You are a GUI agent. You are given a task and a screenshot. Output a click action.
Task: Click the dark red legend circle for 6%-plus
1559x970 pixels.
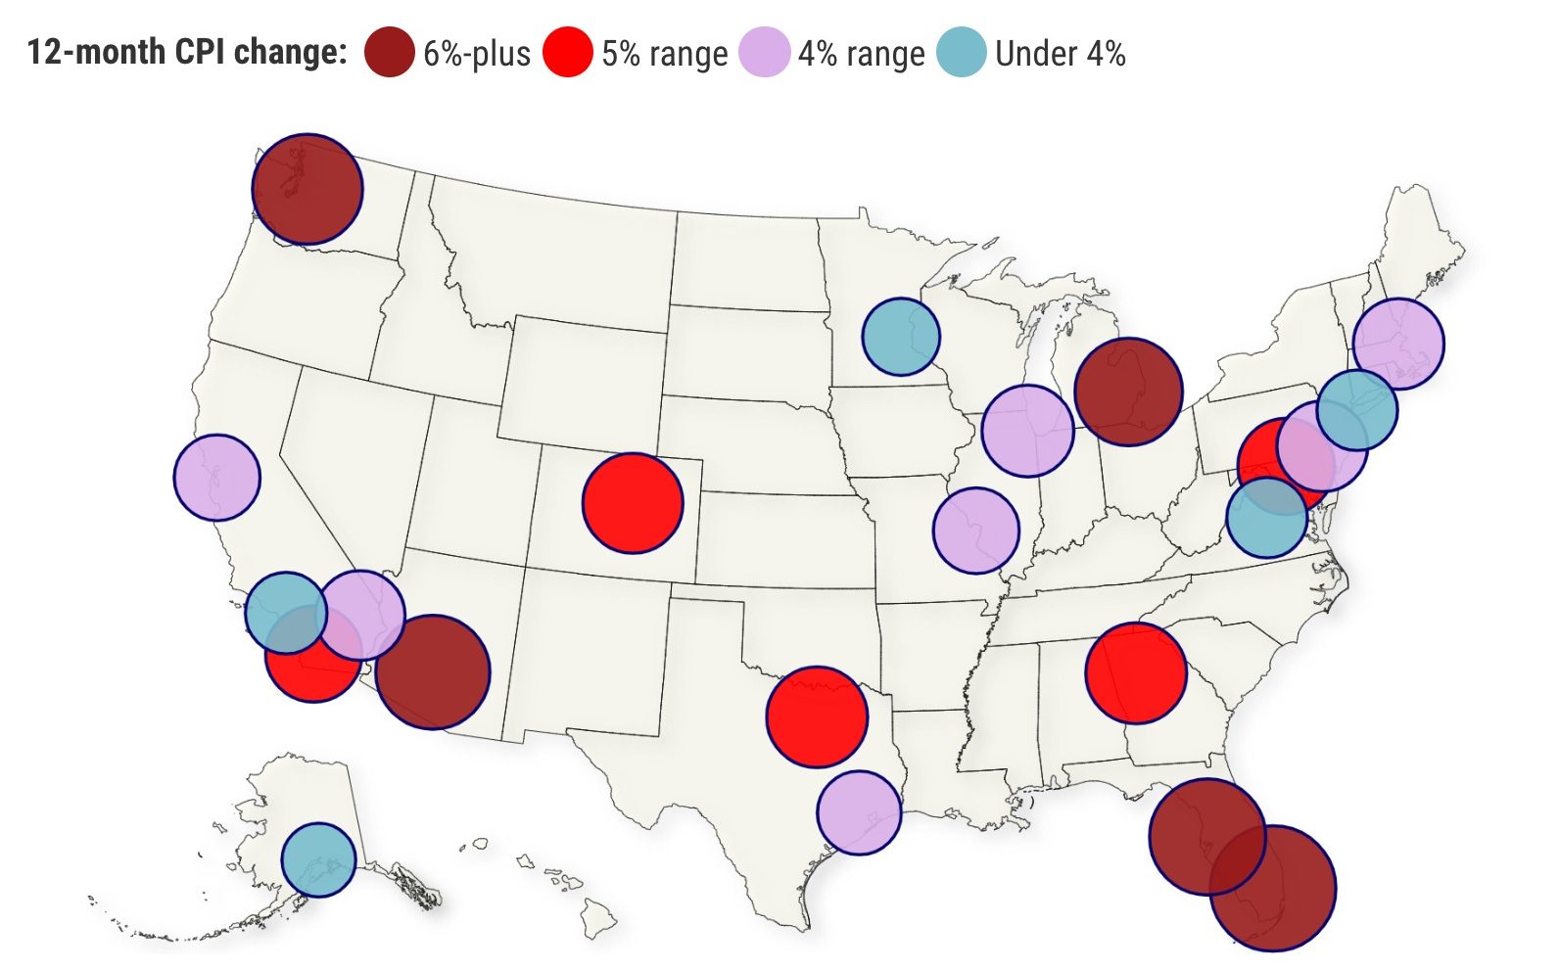(x=389, y=52)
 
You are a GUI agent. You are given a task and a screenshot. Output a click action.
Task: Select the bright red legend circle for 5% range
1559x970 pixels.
(x=568, y=52)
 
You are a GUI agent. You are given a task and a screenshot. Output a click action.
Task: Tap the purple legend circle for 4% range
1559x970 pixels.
(x=764, y=52)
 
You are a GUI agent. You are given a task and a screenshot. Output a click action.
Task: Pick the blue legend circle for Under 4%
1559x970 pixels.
(x=961, y=52)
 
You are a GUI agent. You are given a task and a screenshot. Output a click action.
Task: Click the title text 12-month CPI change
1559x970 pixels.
(x=186, y=52)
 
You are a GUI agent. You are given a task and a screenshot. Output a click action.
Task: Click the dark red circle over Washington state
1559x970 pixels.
(x=307, y=189)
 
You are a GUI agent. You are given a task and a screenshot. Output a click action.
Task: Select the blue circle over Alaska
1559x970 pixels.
(x=318, y=859)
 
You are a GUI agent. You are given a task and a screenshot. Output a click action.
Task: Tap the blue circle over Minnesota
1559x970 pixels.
(x=901, y=336)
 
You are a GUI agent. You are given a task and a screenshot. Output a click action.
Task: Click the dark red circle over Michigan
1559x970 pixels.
(x=1128, y=392)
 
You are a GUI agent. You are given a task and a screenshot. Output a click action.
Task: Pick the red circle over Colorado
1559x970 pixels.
(x=633, y=503)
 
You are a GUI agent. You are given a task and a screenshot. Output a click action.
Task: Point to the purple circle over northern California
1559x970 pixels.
(x=217, y=477)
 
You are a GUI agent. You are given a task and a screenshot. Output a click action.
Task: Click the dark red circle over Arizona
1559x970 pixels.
(x=433, y=671)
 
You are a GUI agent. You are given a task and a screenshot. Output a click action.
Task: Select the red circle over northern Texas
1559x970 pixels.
(x=817, y=716)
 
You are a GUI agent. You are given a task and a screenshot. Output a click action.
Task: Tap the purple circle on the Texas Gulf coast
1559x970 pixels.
(x=859, y=812)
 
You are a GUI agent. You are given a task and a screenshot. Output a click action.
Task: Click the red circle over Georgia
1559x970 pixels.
(x=1136, y=672)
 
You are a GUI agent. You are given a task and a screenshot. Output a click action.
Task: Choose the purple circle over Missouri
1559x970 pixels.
(x=976, y=530)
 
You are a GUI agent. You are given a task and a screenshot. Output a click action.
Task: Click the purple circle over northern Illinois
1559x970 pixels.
(x=1028, y=431)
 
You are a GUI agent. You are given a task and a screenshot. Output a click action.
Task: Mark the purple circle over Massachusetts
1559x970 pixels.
(x=1398, y=344)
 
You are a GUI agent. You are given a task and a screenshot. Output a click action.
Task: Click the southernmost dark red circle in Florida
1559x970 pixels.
(x=1273, y=888)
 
